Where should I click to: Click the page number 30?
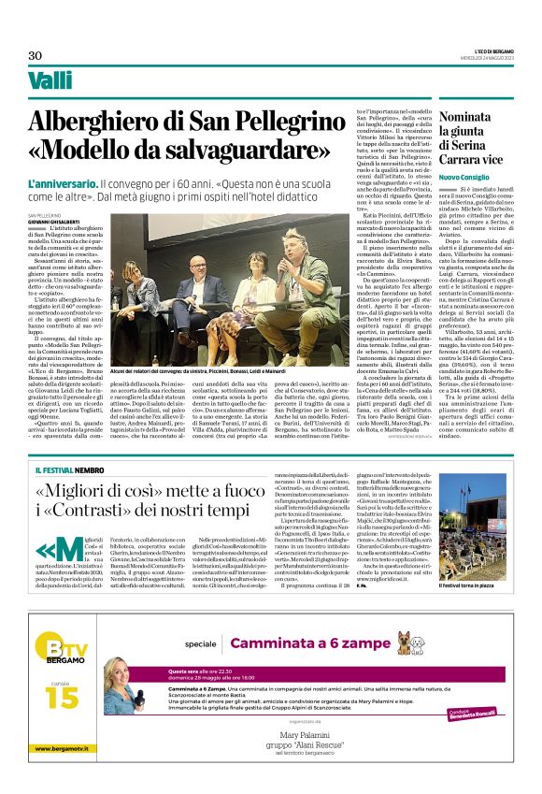[35, 55]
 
